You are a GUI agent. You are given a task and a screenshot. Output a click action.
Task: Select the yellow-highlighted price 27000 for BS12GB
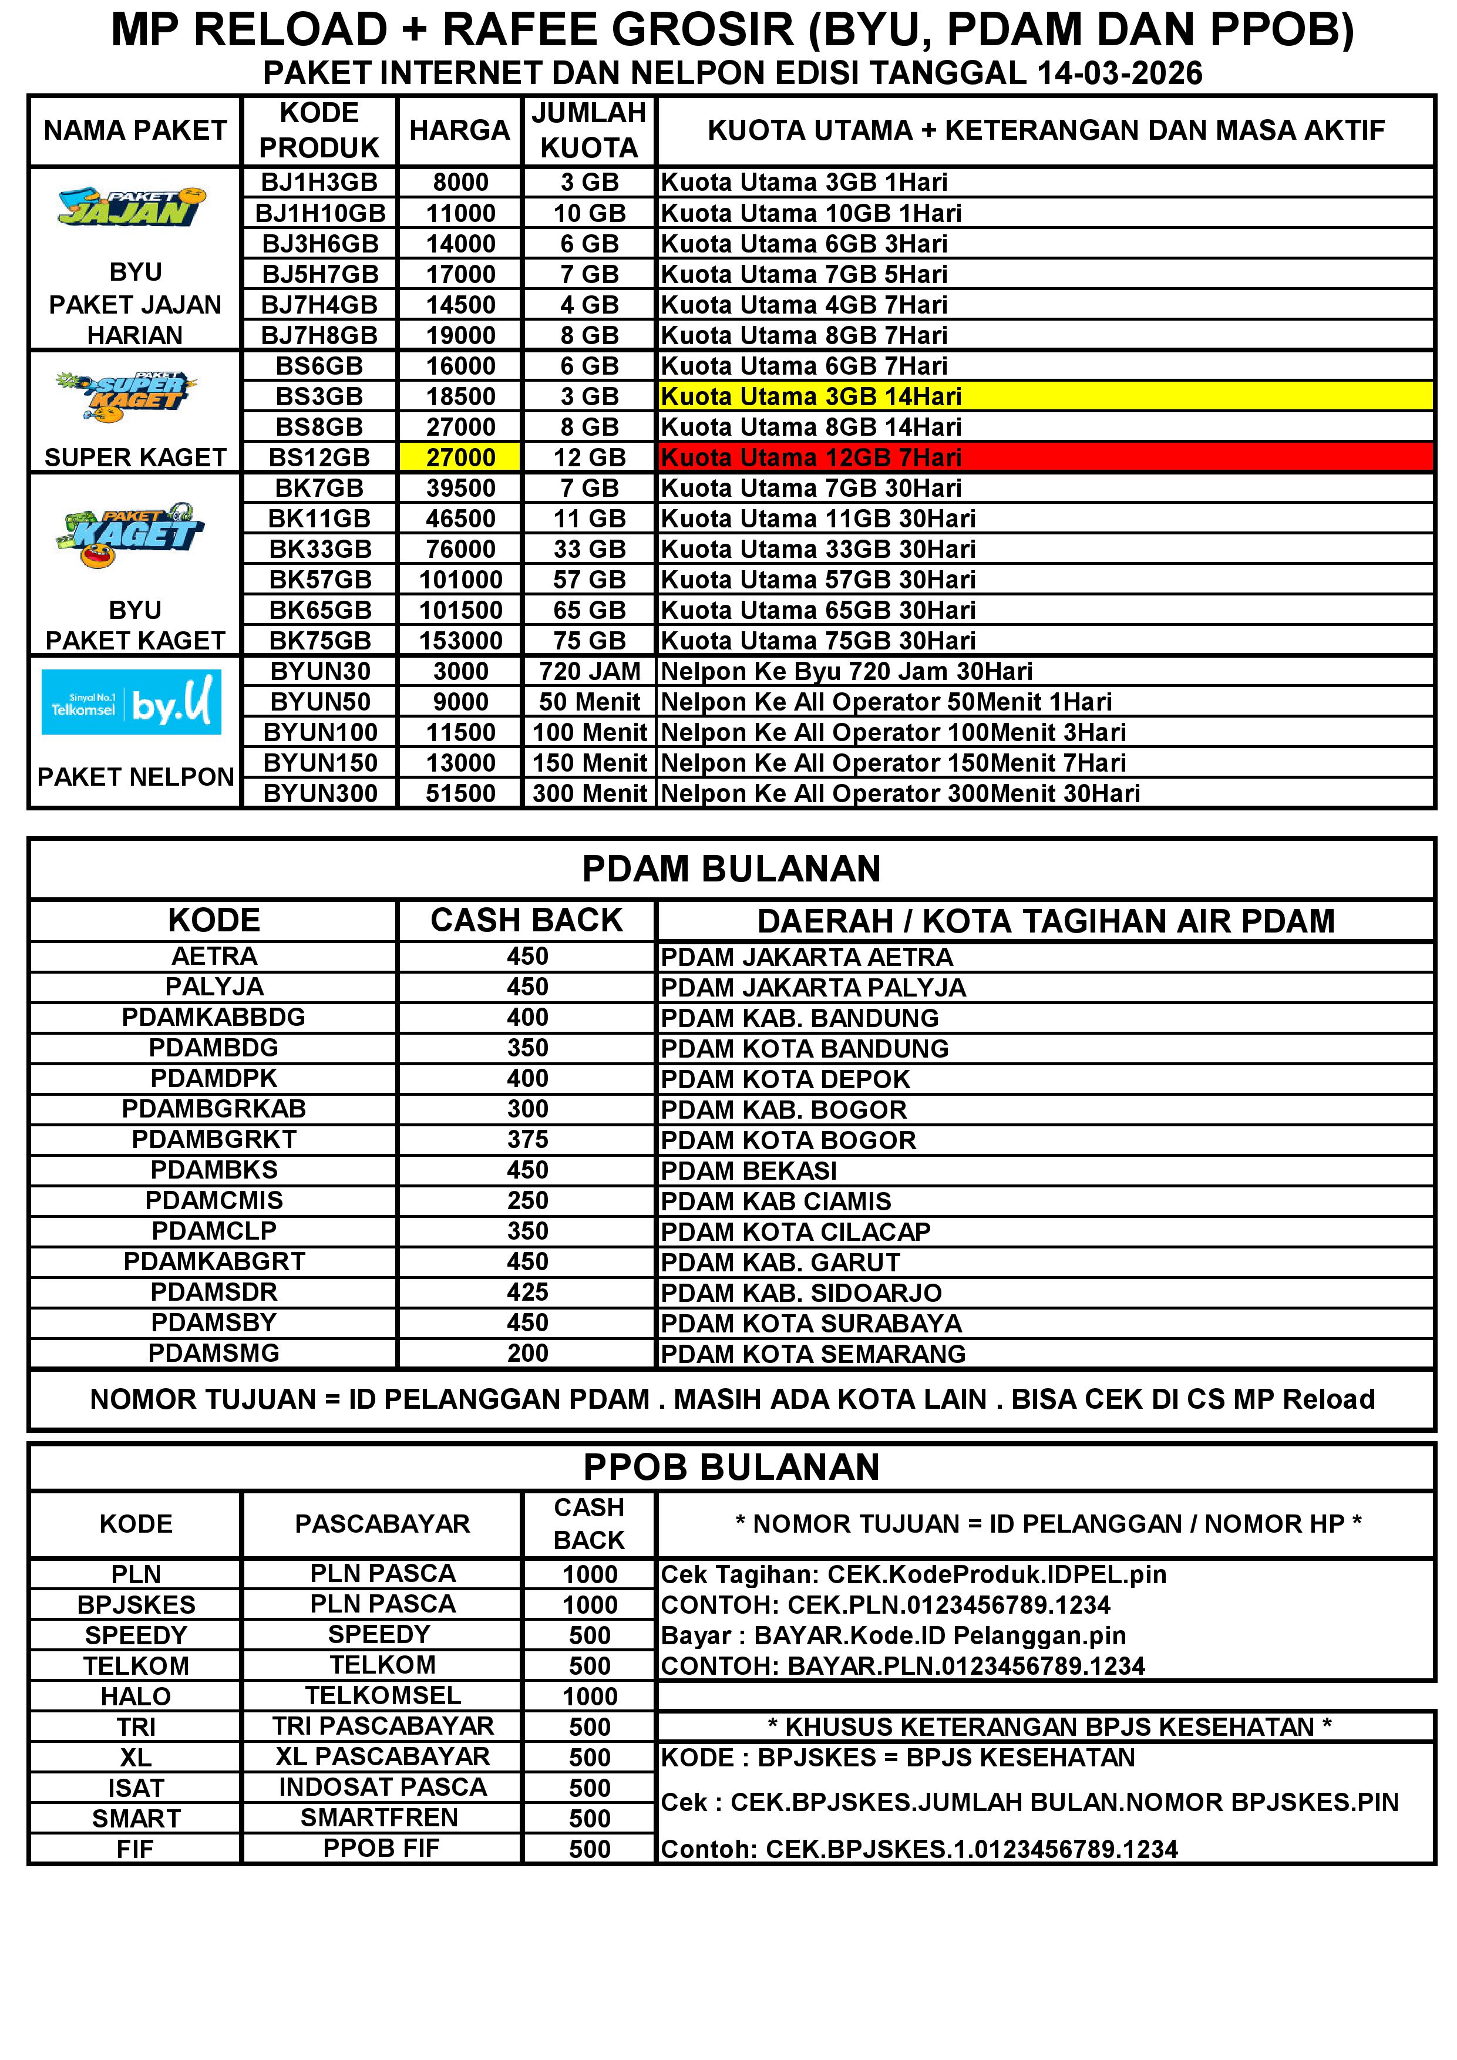[460, 457]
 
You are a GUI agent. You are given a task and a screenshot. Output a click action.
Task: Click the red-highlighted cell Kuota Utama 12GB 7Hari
[1045, 457]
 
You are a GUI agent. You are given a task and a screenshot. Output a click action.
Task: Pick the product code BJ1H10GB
[319, 214]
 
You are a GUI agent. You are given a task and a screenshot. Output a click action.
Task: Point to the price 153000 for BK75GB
[460, 641]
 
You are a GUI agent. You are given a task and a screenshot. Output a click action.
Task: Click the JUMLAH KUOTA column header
[588, 130]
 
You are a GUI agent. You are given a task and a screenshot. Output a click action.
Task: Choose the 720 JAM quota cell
[588, 671]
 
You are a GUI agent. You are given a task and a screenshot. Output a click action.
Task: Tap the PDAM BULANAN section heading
[731, 869]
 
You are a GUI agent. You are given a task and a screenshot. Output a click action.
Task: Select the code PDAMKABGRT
[214, 1261]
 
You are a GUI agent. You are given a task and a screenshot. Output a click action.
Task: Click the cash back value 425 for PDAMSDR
[527, 1292]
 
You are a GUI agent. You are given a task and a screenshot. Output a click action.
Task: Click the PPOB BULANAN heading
[731, 1467]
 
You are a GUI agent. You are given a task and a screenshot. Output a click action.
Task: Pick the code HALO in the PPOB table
[136, 1696]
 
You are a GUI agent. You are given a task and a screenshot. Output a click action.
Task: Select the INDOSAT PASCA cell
[382, 1788]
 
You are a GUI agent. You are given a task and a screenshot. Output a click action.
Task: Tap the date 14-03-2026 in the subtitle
[1119, 73]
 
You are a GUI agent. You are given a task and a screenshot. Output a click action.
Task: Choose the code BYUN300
[319, 793]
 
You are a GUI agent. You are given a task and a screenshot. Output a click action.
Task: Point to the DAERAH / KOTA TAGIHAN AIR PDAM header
[1045, 921]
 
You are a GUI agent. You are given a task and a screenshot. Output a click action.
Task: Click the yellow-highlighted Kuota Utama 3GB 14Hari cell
[1045, 396]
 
